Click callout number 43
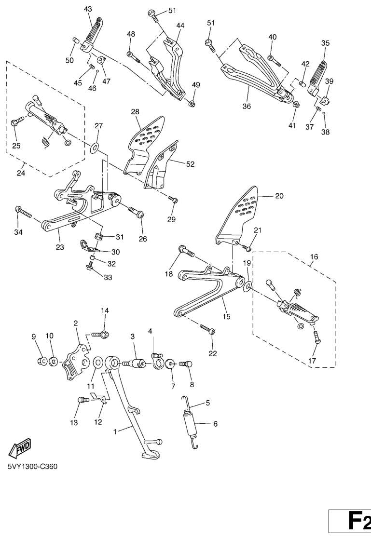tap(88, 9)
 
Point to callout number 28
tap(135, 112)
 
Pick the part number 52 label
tap(190, 164)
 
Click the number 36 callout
tap(247, 107)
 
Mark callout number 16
tap(314, 257)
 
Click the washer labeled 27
tap(95, 145)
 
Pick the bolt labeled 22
tap(207, 330)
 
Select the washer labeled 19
tap(247, 287)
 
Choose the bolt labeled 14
tap(102, 334)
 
